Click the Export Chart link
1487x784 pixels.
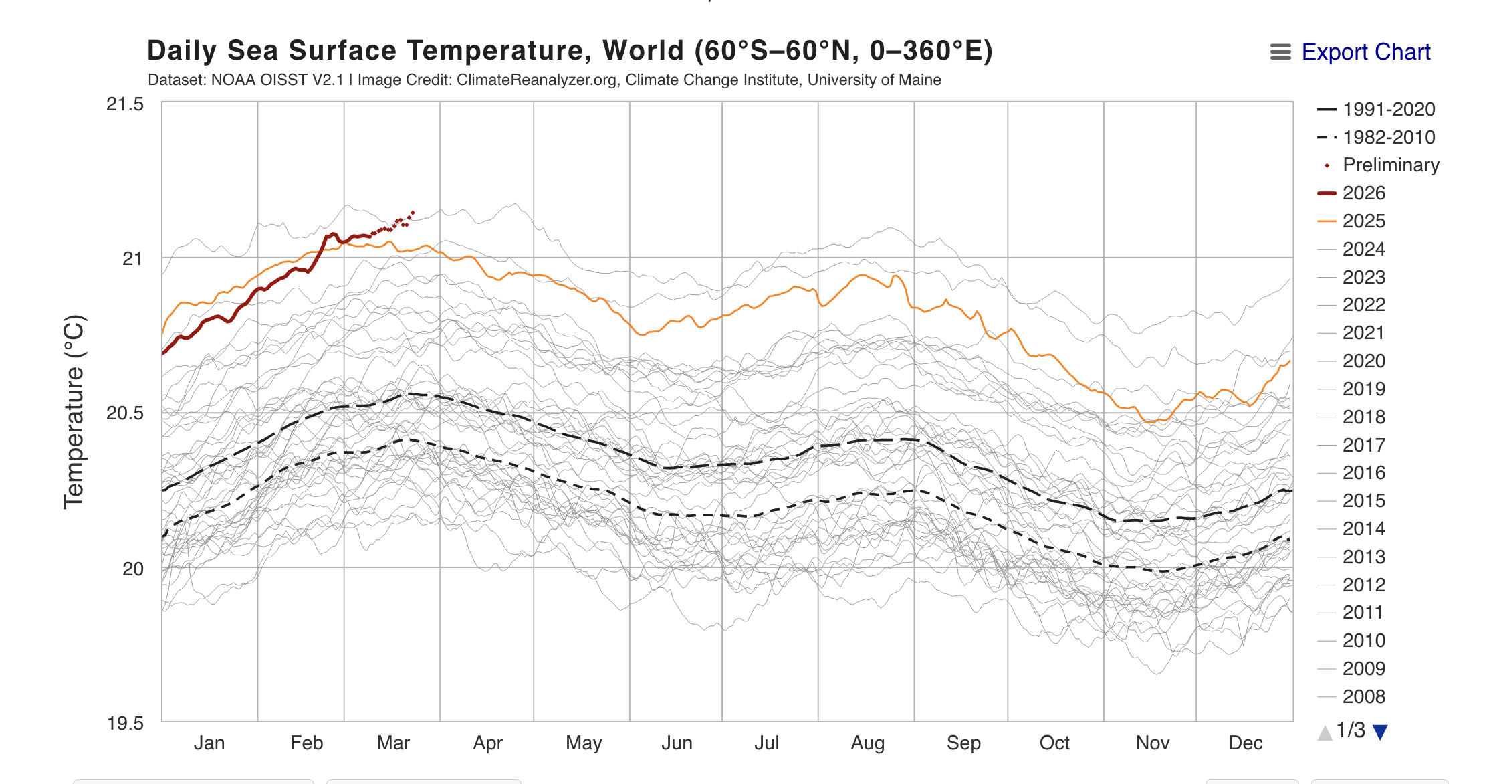[1365, 52]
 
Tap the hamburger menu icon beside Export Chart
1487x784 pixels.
[1280, 52]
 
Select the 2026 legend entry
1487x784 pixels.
[1363, 193]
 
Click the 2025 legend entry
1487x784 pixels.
[1363, 221]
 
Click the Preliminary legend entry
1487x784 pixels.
[1390, 165]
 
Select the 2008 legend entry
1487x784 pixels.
[1363, 697]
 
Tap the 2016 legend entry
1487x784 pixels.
[1363, 473]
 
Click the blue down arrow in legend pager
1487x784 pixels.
[1380, 732]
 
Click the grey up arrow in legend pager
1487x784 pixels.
[1325, 732]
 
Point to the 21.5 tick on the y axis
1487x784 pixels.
[125, 104]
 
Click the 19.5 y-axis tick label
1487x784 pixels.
[125, 724]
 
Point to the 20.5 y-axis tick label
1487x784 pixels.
[125, 413]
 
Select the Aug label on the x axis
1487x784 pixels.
[867, 743]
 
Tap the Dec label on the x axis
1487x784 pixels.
[1245, 743]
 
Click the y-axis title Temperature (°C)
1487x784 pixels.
[74, 412]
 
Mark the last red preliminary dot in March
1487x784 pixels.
[413, 213]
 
